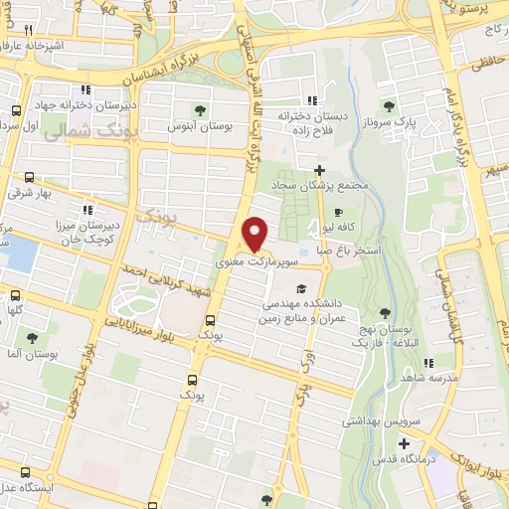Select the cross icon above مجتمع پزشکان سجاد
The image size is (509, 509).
coord(317,170)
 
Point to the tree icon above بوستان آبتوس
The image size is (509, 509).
coord(200,108)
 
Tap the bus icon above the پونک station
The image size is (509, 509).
coord(209,320)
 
